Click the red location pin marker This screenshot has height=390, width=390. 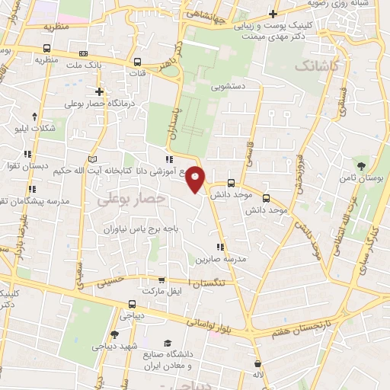[x=196, y=178]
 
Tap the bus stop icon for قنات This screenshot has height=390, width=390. [x=137, y=62]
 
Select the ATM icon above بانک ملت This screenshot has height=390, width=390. [x=82, y=53]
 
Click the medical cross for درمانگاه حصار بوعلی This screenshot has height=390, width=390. [x=99, y=91]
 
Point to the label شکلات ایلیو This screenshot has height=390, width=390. [x=35, y=128]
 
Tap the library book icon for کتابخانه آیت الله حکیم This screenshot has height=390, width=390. [x=93, y=158]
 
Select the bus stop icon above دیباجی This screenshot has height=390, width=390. [x=132, y=305]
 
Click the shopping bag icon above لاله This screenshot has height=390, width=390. [x=261, y=363]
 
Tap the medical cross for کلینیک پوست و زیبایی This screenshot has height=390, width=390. [x=273, y=14]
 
